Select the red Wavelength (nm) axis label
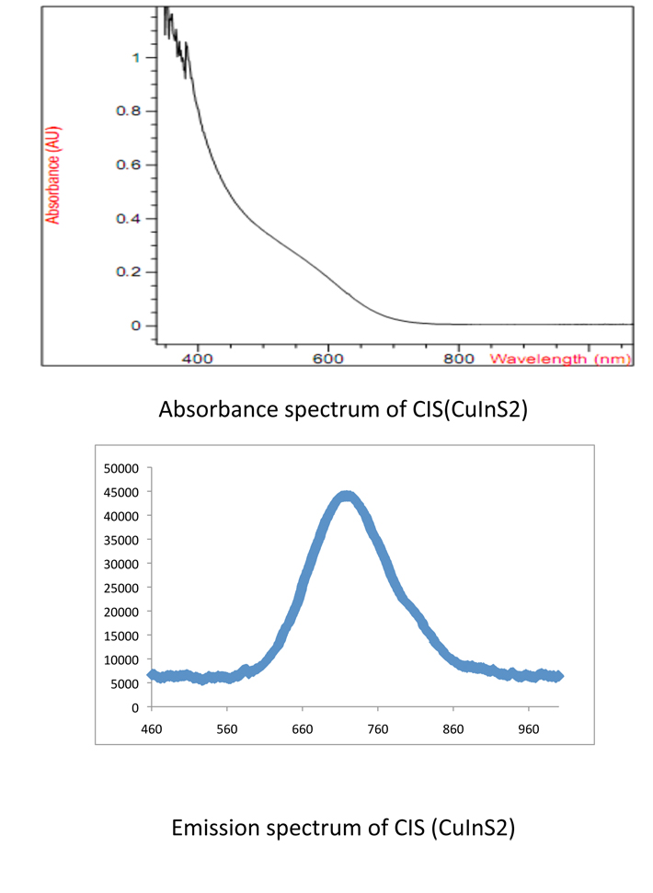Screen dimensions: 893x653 click(x=560, y=358)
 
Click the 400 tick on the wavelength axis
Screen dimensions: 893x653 click(x=198, y=358)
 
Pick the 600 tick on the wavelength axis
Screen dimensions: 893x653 click(x=328, y=358)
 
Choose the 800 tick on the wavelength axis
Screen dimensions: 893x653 click(x=459, y=358)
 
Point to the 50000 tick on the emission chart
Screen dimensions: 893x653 click(x=120, y=468)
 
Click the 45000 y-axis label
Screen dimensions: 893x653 click(x=120, y=492)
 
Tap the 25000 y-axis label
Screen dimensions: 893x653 click(x=120, y=588)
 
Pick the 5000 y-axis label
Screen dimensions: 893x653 click(x=123, y=683)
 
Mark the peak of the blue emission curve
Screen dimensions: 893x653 click(x=347, y=498)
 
